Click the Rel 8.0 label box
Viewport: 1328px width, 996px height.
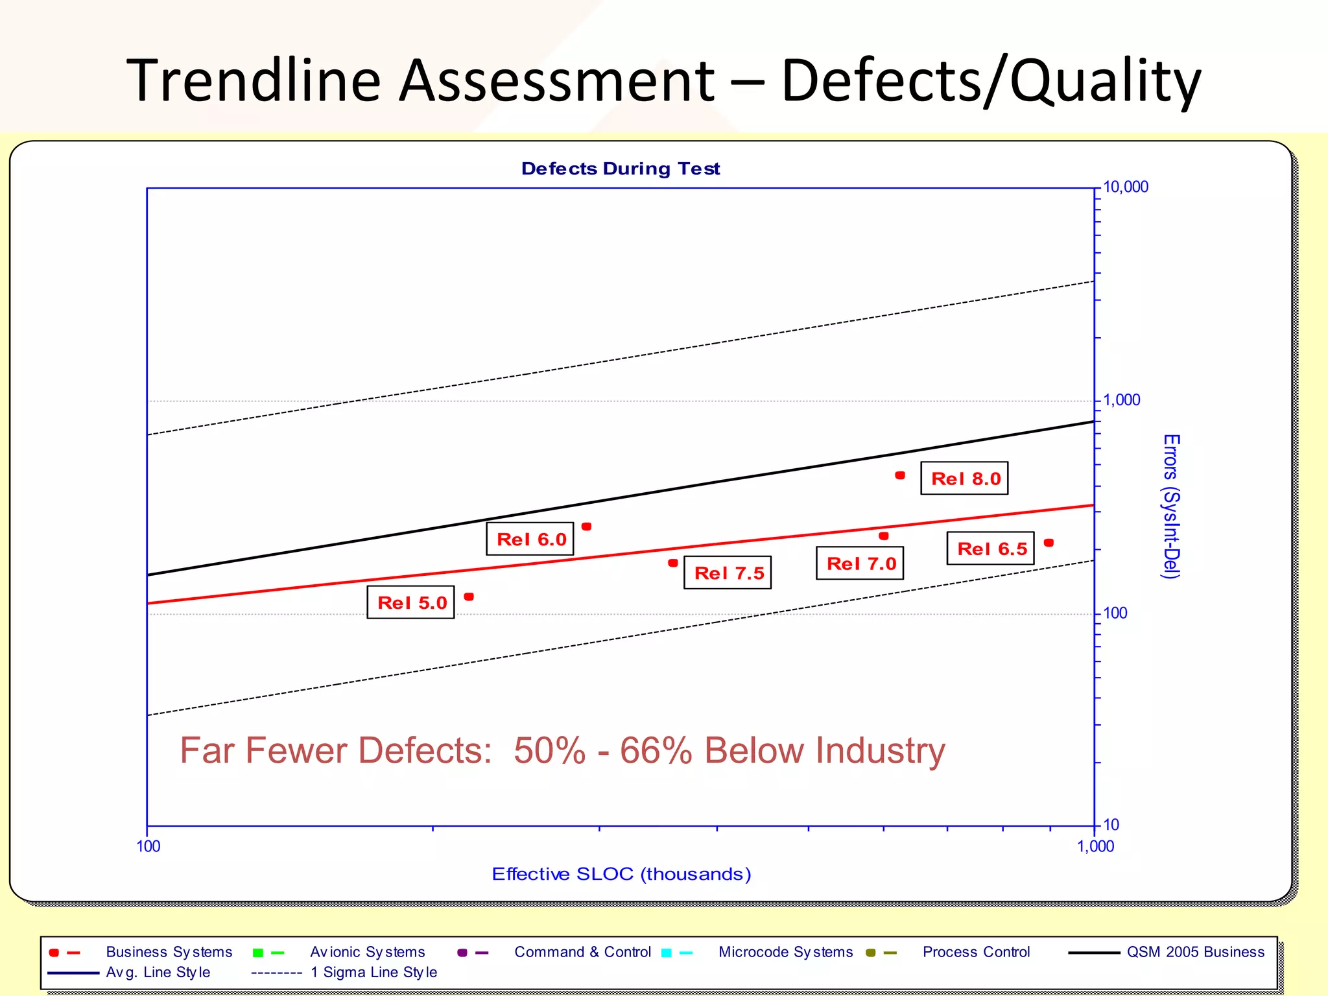pos(964,479)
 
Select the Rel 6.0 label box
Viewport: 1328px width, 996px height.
pos(530,539)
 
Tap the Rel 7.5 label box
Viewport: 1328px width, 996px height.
pos(728,573)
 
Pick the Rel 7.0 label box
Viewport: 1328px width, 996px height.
pos(860,563)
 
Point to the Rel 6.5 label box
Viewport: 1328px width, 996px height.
pos(990,549)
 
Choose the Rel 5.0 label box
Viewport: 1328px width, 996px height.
pos(410,602)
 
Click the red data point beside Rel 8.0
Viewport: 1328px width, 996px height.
pos(900,475)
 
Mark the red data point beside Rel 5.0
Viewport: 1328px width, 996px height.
pos(469,597)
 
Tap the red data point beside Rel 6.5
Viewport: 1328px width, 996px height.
pos(1049,543)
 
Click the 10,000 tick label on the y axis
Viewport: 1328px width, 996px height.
pos(1125,187)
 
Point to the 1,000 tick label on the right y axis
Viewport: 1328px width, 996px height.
pos(1121,400)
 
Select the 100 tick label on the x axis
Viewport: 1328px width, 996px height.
pos(148,846)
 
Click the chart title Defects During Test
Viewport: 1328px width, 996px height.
pos(621,169)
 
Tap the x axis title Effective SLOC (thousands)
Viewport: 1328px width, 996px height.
pos(621,874)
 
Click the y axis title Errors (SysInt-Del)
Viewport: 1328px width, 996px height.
pos(1171,506)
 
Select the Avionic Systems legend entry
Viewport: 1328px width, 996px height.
pos(367,952)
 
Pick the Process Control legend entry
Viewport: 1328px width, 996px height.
pos(976,952)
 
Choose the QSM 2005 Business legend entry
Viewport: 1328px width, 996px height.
pos(1195,952)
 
